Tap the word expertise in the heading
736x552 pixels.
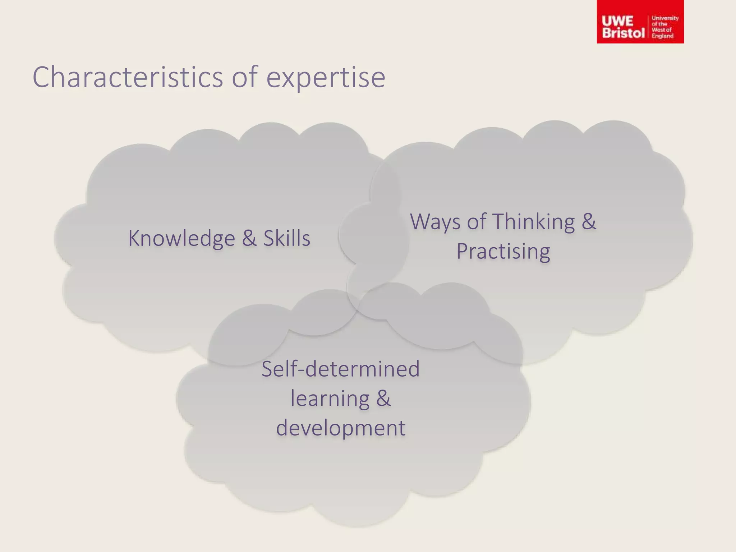click(x=326, y=78)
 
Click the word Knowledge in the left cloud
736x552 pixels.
click(x=181, y=239)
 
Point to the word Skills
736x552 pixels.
click(x=287, y=238)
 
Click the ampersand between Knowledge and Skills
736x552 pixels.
click(x=249, y=238)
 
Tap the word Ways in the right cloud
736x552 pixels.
click(x=435, y=222)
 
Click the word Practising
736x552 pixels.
click(x=503, y=251)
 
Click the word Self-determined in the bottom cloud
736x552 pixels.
click(x=340, y=369)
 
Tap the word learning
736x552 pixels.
click(x=330, y=399)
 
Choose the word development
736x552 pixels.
click(x=341, y=428)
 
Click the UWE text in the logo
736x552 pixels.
click(x=617, y=21)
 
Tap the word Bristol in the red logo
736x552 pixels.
click(x=623, y=33)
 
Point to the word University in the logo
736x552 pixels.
click(x=665, y=18)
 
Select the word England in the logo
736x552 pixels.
click(x=663, y=36)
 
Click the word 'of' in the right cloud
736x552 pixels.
click(x=476, y=222)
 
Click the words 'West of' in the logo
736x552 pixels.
click(x=662, y=30)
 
